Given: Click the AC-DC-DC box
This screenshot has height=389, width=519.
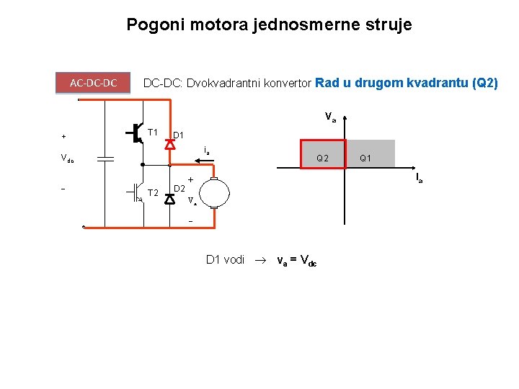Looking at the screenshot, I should point(94,83).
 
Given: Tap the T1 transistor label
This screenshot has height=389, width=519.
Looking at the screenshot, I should point(152,133).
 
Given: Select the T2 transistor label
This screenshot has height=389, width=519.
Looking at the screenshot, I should point(152,193).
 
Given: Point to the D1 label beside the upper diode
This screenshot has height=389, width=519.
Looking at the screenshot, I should point(178,135).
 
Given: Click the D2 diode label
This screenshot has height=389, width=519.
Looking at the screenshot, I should point(180,189).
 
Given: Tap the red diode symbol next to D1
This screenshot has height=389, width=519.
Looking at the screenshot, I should point(169,143).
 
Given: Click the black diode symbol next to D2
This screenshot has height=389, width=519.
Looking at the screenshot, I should point(169,199).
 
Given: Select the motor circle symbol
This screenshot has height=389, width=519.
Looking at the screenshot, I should point(214,193).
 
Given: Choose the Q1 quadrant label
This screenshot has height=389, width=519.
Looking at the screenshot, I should point(365,158).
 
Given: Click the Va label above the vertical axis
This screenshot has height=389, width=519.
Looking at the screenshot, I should point(330,116).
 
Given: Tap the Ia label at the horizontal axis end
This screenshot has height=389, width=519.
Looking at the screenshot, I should point(418,177).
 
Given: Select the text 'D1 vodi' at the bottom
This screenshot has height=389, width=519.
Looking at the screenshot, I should point(225,259).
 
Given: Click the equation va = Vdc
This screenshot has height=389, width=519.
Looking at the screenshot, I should point(296,260).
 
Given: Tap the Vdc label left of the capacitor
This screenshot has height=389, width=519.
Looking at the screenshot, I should point(67,159).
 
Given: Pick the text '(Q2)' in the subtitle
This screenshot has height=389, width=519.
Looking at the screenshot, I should point(484,83).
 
